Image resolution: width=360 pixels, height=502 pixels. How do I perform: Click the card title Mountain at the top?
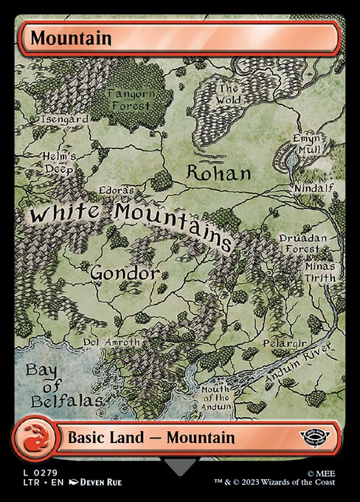coord(61,38)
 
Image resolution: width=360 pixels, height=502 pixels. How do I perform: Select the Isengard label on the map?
coord(65,118)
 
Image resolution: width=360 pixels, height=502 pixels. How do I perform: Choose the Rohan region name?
coord(218,173)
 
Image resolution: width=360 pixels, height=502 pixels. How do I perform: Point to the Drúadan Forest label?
coord(302,244)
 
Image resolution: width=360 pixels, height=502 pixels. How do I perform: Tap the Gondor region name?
coord(124,272)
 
